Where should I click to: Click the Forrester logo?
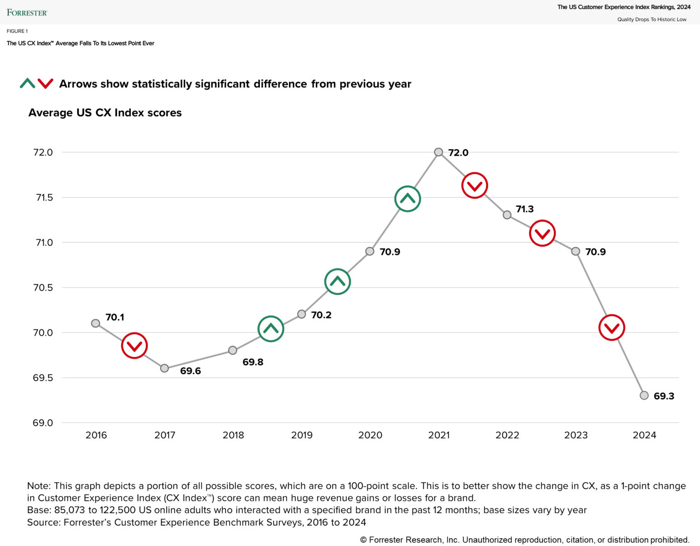[x=27, y=13]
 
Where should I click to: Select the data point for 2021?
[x=438, y=152]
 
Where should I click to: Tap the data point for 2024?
[x=644, y=396]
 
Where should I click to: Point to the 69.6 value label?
[x=190, y=371]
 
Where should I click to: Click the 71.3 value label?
[x=525, y=209]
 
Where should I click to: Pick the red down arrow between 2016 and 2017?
[x=134, y=346]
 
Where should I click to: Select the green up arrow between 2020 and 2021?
[x=407, y=199]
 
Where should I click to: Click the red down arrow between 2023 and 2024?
[x=612, y=328]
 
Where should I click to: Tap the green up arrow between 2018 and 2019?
[x=271, y=329]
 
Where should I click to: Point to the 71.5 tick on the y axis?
[x=44, y=197]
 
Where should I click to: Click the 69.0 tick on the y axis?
[x=43, y=423]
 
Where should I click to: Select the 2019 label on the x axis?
[x=302, y=435]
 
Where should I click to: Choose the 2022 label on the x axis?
[x=507, y=435]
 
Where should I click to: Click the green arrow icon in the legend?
[x=27, y=83]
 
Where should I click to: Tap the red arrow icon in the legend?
[x=46, y=83]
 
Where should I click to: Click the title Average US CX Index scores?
[x=105, y=113]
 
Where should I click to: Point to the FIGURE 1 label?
[x=17, y=31]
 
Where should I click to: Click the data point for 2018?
[x=233, y=350]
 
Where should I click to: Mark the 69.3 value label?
[x=664, y=396]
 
